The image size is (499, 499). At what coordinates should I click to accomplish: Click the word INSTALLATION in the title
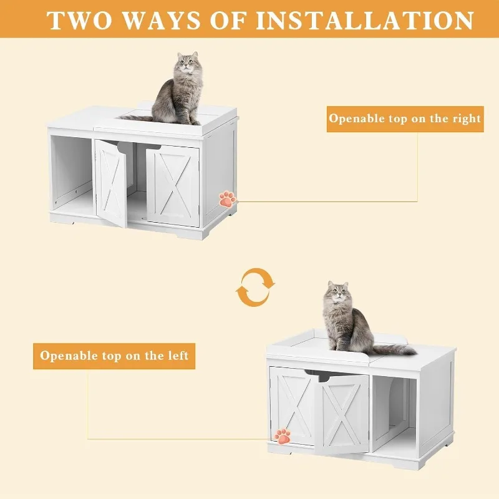(x=365, y=20)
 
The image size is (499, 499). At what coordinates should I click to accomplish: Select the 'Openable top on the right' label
(x=405, y=118)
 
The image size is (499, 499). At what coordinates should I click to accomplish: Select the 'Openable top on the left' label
(x=114, y=356)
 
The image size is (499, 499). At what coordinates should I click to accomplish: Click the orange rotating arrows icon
(x=255, y=288)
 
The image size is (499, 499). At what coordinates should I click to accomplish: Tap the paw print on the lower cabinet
(x=283, y=435)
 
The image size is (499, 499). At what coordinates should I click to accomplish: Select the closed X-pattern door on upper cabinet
(x=173, y=185)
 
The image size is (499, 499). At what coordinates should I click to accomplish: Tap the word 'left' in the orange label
(x=175, y=356)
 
